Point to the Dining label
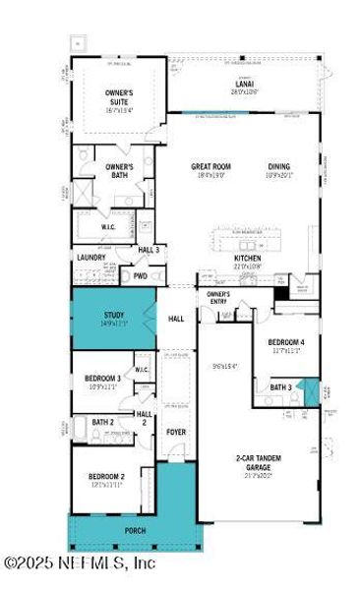pyautogui.click(x=279, y=168)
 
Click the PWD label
pyautogui.click(x=141, y=276)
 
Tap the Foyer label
pyautogui.click(x=175, y=430)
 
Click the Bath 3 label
pyautogui.click(x=281, y=387)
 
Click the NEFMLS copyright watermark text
pyautogui.click(x=79, y=563)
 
